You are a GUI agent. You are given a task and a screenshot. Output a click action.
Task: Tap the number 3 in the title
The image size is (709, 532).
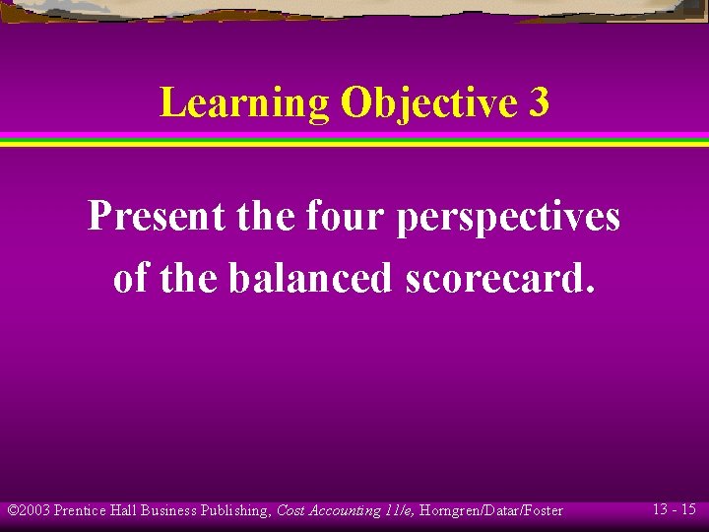[x=538, y=102]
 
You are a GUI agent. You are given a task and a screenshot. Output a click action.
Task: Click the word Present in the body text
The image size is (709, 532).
[x=156, y=216]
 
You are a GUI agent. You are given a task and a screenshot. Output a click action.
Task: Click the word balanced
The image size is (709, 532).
[x=310, y=278]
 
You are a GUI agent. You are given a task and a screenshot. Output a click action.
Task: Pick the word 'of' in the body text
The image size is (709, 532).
[x=131, y=278]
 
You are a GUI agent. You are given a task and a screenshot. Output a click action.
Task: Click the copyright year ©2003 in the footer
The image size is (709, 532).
[x=29, y=510]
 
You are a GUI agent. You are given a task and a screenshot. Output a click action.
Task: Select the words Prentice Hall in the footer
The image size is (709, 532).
[x=96, y=510]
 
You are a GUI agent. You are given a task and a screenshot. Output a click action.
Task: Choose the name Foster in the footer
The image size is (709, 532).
[x=543, y=510]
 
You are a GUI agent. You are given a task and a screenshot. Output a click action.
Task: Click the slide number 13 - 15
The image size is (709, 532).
[x=674, y=509]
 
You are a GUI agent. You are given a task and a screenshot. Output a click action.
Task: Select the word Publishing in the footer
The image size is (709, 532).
[x=234, y=510]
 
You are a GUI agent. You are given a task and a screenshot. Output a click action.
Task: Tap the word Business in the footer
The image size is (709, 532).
[x=168, y=510]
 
